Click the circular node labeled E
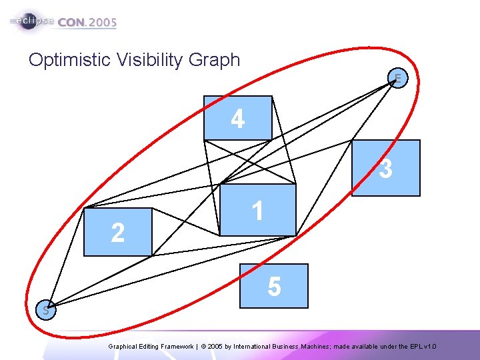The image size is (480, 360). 398,79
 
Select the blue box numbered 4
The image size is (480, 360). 238,118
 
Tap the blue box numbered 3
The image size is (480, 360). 387,167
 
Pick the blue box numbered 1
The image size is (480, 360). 258,209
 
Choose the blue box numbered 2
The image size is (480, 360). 118,232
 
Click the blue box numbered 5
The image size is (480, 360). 275,286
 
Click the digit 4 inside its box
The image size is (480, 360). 238,119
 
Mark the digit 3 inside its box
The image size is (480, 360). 385,169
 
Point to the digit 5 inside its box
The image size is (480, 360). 274,287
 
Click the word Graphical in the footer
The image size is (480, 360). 124,347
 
